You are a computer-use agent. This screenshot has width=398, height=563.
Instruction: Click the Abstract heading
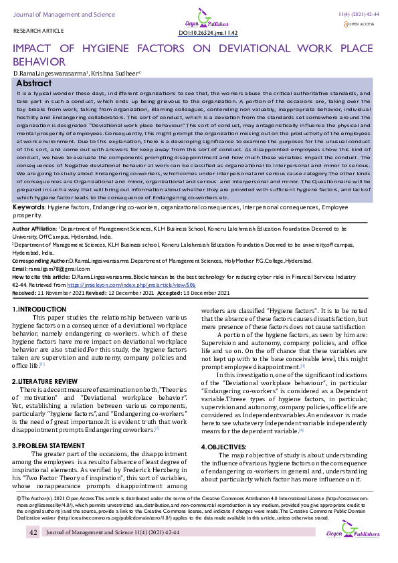(x=33, y=83)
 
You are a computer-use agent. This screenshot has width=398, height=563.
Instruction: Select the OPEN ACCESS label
(x=363, y=24)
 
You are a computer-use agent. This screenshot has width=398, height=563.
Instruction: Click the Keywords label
(x=29, y=208)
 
